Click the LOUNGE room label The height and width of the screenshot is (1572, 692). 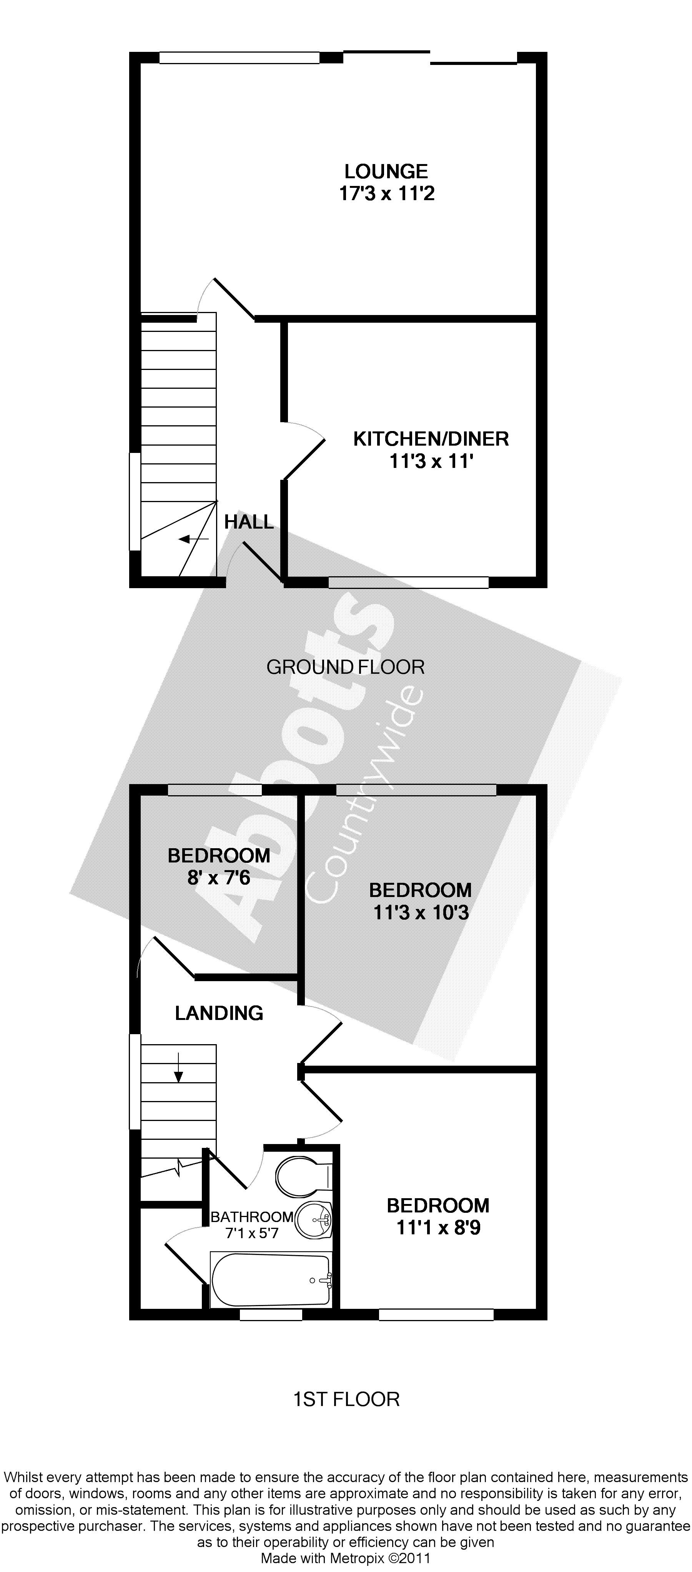pyautogui.click(x=386, y=171)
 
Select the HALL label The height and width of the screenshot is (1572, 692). pyautogui.click(x=249, y=522)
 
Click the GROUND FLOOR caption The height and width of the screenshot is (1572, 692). pyautogui.click(x=345, y=667)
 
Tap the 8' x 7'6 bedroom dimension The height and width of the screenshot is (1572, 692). pyautogui.click(x=219, y=878)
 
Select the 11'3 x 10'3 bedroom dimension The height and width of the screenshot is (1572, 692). pyautogui.click(x=421, y=913)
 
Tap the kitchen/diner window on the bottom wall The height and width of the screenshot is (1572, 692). pyautogui.click(x=408, y=582)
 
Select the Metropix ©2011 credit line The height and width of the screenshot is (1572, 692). pyautogui.click(x=345, y=1558)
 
